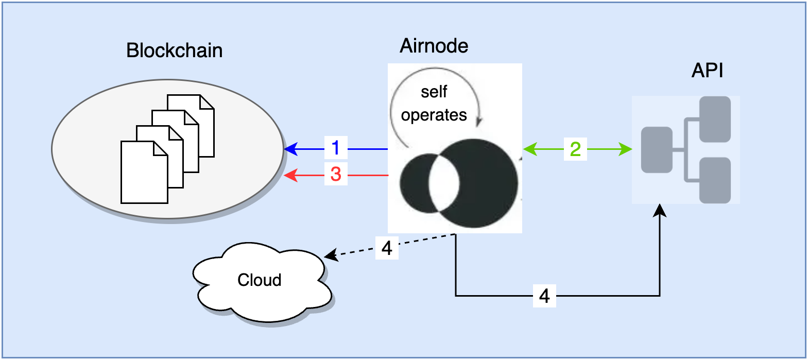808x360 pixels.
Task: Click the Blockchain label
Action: tap(174, 50)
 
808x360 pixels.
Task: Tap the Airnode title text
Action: tap(434, 46)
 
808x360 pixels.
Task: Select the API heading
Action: tap(707, 70)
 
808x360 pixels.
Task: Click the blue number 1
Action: tap(336, 148)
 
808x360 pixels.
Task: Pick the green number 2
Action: tap(575, 149)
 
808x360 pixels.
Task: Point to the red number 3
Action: tap(336, 174)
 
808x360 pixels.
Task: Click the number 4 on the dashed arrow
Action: tap(387, 248)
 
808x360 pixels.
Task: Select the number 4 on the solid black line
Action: tap(544, 296)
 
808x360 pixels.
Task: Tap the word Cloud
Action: tap(259, 280)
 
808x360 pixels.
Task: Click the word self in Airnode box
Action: tap(434, 92)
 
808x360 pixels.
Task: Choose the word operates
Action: tap(434, 115)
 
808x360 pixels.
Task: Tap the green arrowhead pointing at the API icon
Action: tap(626, 149)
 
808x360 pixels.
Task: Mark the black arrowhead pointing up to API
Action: tap(660, 210)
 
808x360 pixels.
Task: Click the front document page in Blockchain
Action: tap(144, 173)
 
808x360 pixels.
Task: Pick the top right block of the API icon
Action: tap(715, 119)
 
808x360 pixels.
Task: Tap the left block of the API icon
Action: tap(657, 150)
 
